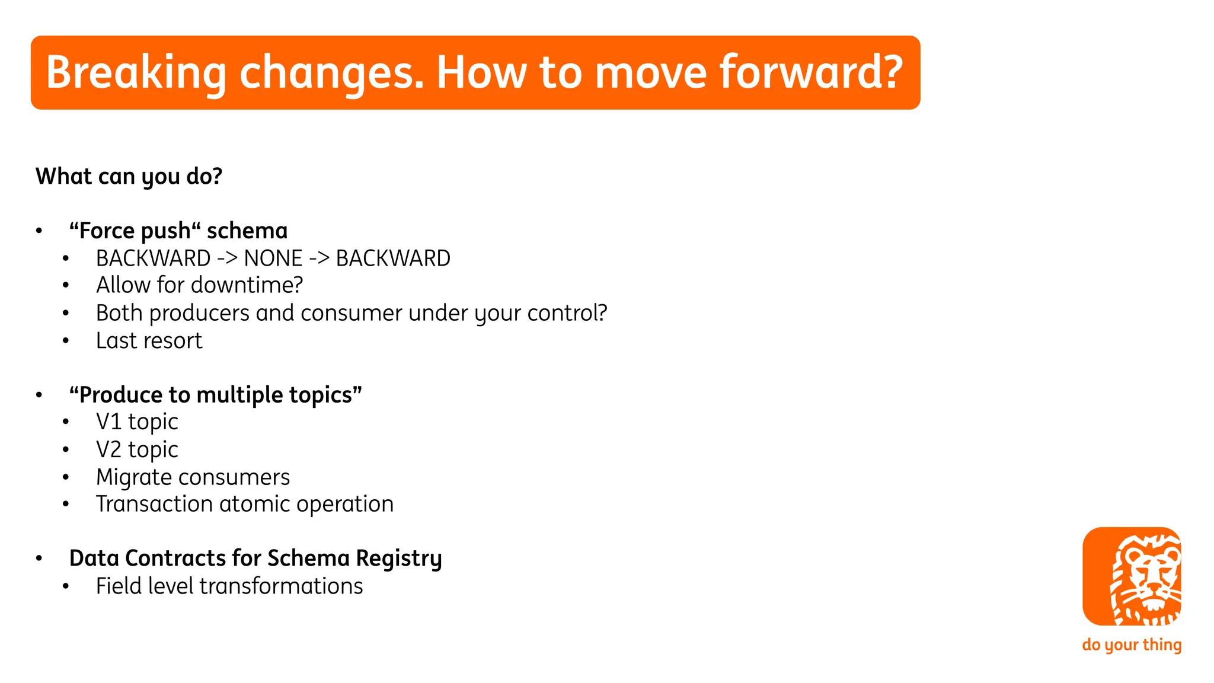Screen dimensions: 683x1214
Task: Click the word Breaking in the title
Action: (136, 73)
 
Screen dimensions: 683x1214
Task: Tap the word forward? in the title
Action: (811, 73)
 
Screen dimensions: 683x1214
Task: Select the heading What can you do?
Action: (129, 177)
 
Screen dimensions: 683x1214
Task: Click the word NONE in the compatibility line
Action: (273, 258)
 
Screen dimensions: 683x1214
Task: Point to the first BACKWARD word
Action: (153, 258)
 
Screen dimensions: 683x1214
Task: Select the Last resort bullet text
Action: (149, 341)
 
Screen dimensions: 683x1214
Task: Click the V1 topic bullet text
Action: (137, 422)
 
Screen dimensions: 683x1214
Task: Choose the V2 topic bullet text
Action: (137, 450)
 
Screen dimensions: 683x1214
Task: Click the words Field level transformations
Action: (229, 586)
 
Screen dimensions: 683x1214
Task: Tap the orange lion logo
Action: (1131, 576)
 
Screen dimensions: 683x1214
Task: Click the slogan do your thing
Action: (1131, 644)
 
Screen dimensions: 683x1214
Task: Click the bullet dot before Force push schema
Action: (39, 231)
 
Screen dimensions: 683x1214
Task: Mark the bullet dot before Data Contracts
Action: (39, 558)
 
